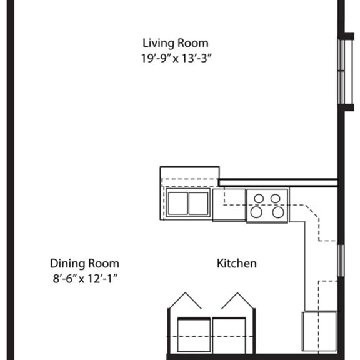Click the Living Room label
click(x=176, y=43)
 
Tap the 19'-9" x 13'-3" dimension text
click(x=176, y=58)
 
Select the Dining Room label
click(x=84, y=264)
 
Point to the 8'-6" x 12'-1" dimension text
click(x=85, y=279)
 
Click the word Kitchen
click(x=237, y=263)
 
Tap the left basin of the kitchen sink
click(x=178, y=203)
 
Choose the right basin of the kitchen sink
click(x=198, y=203)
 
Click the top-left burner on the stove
click(x=259, y=199)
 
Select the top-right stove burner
click(x=275, y=199)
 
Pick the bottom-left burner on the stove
click(x=256, y=212)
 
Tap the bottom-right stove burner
click(x=278, y=212)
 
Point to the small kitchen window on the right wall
click(x=341, y=261)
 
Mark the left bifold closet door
click(x=184, y=301)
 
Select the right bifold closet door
click(x=238, y=301)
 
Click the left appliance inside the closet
click(x=194, y=335)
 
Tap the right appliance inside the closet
click(x=229, y=336)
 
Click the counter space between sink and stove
click(x=229, y=205)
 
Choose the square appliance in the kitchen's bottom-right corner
click(x=319, y=331)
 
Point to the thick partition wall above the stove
click(x=278, y=182)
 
